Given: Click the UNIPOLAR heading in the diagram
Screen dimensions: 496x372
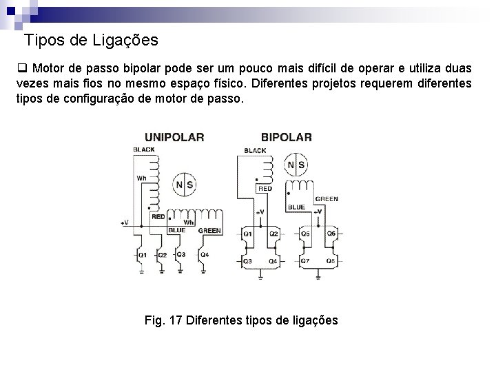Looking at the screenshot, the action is pyautogui.click(x=174, y=136).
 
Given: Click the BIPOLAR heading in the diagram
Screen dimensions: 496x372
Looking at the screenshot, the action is pyautogui.click(x=286, y=136).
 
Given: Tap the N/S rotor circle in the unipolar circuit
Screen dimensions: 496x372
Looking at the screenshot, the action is pyautogui.click(x=184, y=185).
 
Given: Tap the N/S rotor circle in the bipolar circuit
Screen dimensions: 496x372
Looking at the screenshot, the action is pyautogui.click(x=296, y=165).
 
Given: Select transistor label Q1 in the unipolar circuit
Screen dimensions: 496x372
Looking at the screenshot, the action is pyautogui.click(x=142, y=255).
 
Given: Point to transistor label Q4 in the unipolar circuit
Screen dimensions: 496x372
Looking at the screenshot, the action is pyautogui.click(x=205, y=255).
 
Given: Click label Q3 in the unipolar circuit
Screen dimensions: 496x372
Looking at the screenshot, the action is pyautogui.click(x=180, y=254).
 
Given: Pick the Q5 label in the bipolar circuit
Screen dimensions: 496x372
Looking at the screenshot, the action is pyautogui.click(x=306, y=234).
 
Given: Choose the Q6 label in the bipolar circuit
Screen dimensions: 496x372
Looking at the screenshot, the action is pyautogui.click(x=331, y=234).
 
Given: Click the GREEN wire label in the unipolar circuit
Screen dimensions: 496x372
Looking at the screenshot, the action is pyautogui.click(x=209, y=231).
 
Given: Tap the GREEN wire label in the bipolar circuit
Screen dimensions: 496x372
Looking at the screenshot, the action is pyautogui.click(x=327, y=199).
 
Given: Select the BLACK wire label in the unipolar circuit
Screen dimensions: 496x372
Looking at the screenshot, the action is pyautogui.click(x=144, y=149).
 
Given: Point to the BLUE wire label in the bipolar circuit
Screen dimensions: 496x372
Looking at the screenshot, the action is pyautogui.click(x=296, y=207).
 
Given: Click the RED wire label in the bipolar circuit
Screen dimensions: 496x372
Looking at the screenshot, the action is pyautogui.click(x=265, y=187).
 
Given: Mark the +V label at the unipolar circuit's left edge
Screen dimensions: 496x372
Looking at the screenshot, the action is pyautogui.click(x=125, y=223).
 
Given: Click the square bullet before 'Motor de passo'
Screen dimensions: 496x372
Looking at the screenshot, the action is pyautogui.click(x=21, y=69).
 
